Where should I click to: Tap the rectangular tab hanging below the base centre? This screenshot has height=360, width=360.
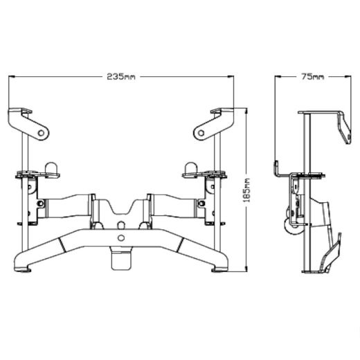pyautogui.click(x=122, y=260)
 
